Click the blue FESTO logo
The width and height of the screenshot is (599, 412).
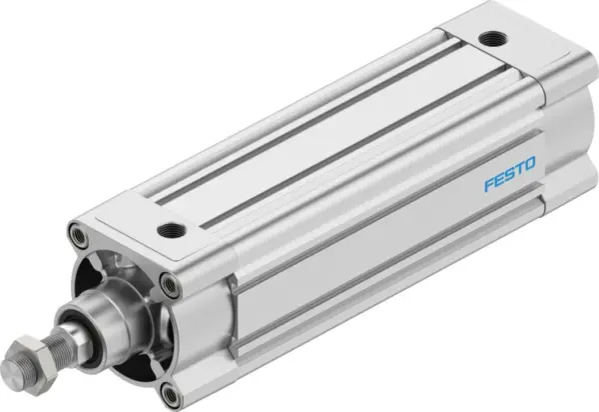509,159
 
